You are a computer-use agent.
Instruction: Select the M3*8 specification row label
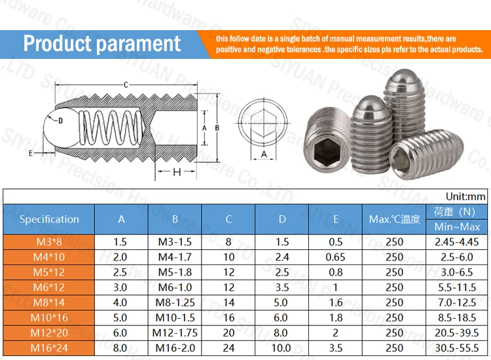point(49,242)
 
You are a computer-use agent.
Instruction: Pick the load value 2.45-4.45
point(456,242)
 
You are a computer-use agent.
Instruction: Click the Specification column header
point(49,219)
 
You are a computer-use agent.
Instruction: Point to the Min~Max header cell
point(456,226)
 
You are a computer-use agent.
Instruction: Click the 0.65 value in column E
point(335,257)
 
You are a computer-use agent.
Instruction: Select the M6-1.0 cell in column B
point(175,287)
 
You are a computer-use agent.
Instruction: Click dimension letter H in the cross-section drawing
point(176,172)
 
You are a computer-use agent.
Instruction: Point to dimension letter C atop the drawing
point(126,84)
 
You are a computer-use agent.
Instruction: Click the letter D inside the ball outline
point(60,120)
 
